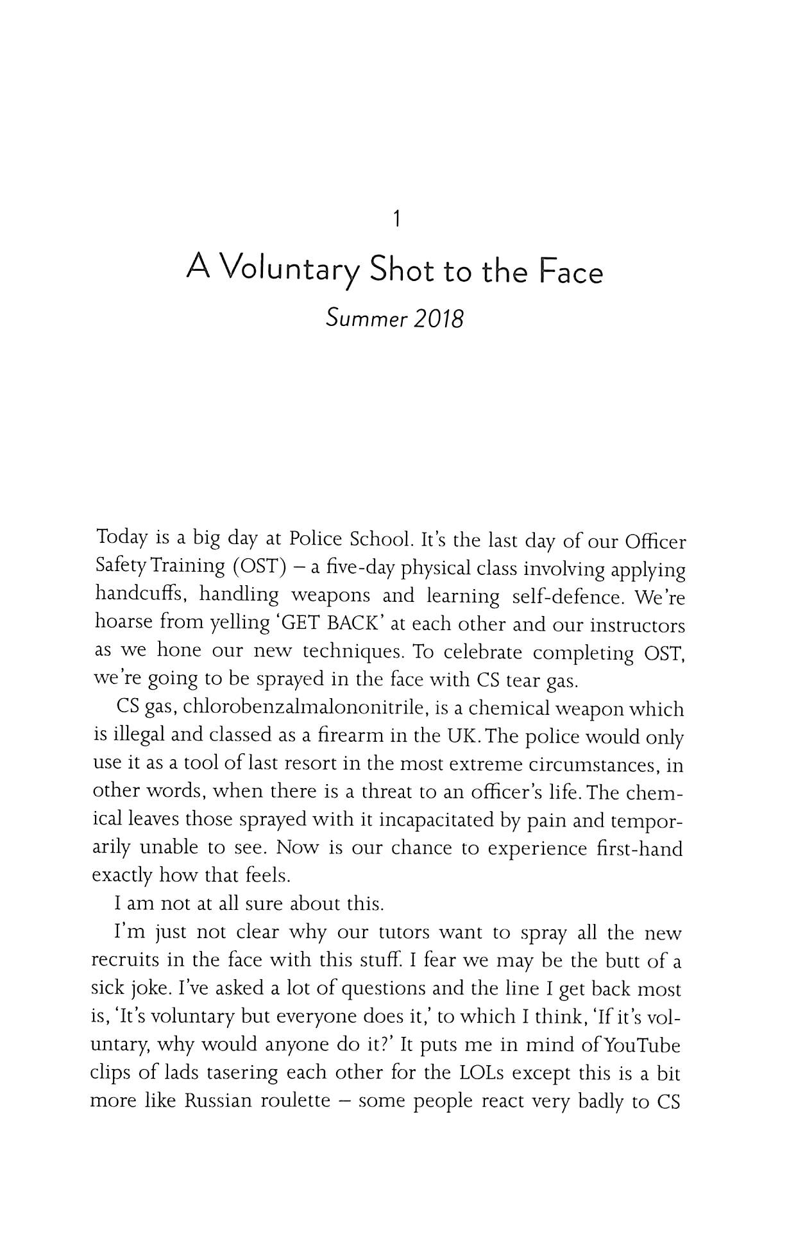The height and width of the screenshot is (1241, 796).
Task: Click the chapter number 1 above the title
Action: tap(398, 220)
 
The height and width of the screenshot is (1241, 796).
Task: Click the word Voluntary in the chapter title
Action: tap(291, 273)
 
